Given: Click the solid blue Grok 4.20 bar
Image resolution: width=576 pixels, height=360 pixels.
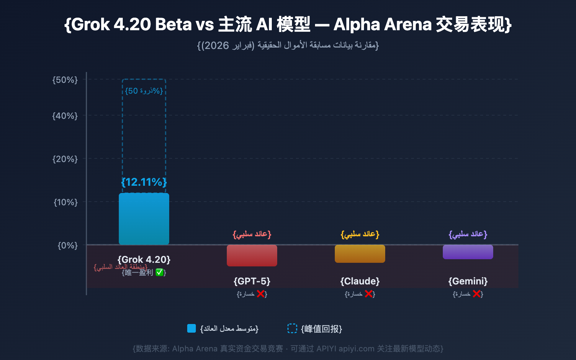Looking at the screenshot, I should point(144,219).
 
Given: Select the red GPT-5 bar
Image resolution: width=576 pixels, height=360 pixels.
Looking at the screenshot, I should point(252,256).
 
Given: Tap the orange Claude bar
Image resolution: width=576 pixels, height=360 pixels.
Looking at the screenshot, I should point(360,254).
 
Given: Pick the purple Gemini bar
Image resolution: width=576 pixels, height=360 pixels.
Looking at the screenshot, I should point(468,252).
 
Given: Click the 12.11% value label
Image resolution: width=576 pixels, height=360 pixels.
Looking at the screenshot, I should point(144,182).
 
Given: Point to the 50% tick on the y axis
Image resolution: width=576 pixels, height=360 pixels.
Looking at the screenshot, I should point(65,80).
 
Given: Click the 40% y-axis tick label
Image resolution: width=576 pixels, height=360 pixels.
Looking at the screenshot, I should point(65,116).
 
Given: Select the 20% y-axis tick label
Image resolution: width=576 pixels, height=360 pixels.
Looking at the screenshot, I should point(65,159).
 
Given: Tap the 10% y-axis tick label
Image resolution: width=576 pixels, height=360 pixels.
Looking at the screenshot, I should point(66,202).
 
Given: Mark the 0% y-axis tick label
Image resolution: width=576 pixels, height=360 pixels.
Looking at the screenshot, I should point(68,245).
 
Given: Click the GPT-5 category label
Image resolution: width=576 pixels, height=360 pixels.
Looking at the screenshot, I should point(252,281).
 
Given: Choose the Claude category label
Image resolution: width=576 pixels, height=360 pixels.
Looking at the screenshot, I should point(360,281).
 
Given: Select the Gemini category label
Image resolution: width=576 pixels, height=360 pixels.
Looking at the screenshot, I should point(468,281).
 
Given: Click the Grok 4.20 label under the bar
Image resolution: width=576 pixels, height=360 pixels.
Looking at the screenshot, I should point(144,260).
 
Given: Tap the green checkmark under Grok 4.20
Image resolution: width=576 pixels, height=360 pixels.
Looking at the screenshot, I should point(159,273).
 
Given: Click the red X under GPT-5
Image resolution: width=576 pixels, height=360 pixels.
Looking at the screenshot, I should point(261,294).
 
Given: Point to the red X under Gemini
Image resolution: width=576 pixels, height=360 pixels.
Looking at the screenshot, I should point(477,294).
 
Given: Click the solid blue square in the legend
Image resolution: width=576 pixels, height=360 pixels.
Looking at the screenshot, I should point(192,328).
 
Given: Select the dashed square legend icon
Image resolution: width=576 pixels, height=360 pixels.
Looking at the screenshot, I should point(292,328).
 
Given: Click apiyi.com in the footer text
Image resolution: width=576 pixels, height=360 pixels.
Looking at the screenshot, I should point(356,348).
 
